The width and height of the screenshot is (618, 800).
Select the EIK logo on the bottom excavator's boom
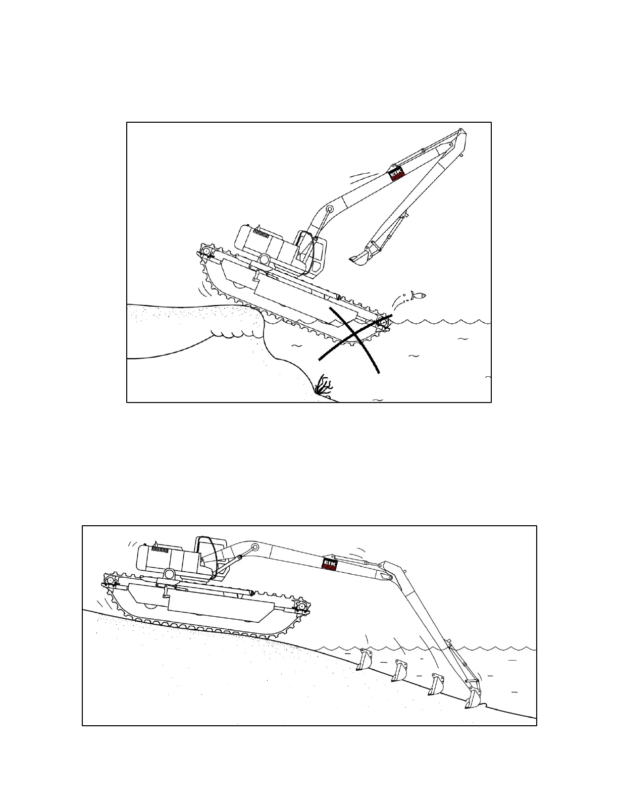[x=330, y=563]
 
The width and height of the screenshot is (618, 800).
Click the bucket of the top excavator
[x=360, y=258]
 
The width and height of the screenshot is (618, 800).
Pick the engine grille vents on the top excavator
[x=261, y=235]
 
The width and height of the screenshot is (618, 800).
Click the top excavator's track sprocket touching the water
[x=385, y=322]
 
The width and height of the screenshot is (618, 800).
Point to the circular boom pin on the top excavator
[x=330, y=209]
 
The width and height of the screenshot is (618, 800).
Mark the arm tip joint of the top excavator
[x=460, y=133]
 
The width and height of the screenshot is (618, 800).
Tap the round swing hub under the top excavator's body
[x=264, y=259]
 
